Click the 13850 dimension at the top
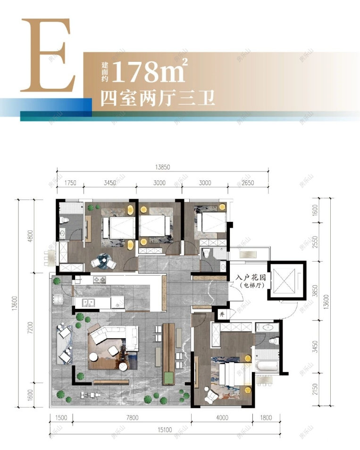click(163, 167)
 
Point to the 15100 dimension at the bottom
click(165, 430)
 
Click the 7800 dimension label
click(132, 417)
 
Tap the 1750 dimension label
click(70, 183)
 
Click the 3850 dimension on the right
click(315, 291)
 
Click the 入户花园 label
click(251, 278)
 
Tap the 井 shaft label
click(222, 314)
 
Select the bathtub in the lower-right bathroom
click(267, 366)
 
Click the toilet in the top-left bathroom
click(65, 220)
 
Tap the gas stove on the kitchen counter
click(99, 280)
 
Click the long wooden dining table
click(168, 354)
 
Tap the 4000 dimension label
click(222, 417)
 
